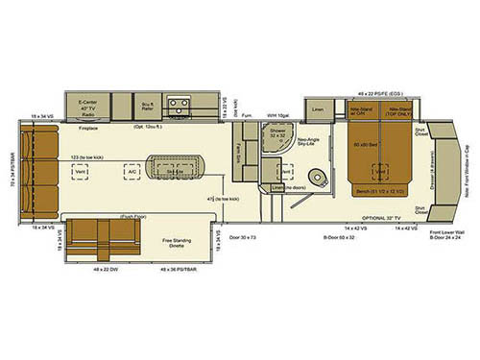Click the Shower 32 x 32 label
tap(277, 135)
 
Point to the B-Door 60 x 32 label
tap(336, 235)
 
